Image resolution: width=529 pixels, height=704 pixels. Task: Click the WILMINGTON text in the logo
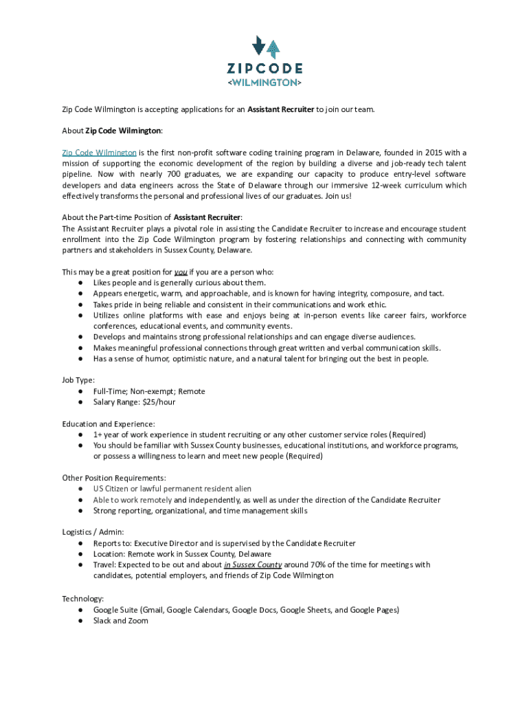tap(264, 82)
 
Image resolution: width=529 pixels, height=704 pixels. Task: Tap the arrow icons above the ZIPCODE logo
tap(266, 46)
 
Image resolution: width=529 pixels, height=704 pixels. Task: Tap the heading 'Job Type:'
tap(78, 380)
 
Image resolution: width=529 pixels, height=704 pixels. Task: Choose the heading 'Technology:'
tap(82, 599)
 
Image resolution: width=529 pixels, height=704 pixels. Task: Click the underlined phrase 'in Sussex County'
tap(253, 565)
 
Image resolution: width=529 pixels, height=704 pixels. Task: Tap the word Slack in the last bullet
tap(104, 621)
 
